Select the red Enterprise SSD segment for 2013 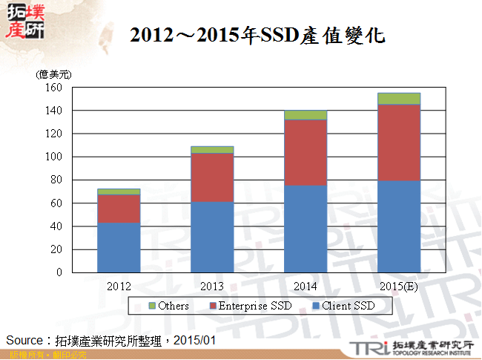pyautogui.click(x=212, y=177)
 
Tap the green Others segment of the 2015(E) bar pyautogui.click(x=399, y=98)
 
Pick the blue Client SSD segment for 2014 pyautogui.click(x=306, y=229)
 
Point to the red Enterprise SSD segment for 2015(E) pyautogui.click(x=399, y=143)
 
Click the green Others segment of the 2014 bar pyautogui.click(x=306, y=114)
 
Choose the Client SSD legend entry pyautogui.click(x=343, y=306)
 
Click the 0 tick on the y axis pyautogui.click(x=57, y=272)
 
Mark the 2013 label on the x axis pyautogui.click(x=212, y=286)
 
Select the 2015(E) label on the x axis pyautogui.click(x=399, y=286)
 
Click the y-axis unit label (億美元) pyautogui.click(x=53, y=74)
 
